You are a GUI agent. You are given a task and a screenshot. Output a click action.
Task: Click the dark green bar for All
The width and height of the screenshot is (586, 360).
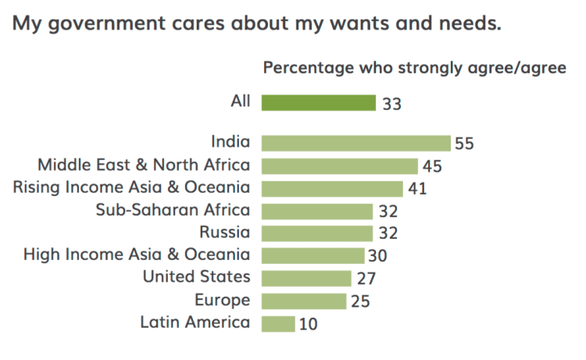(319, 102)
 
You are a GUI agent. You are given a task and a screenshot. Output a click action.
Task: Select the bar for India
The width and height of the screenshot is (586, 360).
(356, 143)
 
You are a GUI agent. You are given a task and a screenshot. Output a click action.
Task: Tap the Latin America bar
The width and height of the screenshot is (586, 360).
(278, 323)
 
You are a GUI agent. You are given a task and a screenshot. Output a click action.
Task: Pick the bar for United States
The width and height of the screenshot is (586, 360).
(306, 278)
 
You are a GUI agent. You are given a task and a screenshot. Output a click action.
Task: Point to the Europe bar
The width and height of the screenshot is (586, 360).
(304, 301)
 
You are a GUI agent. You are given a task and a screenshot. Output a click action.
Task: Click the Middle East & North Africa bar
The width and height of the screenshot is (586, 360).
(340, 166)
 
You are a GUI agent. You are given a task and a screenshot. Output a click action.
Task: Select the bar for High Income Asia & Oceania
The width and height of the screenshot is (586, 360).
(313, 255)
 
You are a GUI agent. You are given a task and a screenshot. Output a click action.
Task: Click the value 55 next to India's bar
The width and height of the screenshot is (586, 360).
(465, 144)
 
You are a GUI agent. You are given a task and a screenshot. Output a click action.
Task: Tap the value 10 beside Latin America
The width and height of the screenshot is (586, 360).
(309, 324)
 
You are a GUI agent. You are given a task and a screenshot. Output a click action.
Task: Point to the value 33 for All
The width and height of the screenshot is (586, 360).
(391, 103)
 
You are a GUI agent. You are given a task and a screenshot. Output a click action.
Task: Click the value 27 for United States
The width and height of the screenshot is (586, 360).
(366, 279)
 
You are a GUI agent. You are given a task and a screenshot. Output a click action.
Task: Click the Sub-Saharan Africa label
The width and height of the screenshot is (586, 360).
(173, 209)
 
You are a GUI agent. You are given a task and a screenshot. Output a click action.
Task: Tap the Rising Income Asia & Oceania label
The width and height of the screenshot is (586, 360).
(132, 187)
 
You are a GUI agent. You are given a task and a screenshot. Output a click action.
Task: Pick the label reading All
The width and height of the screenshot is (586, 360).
(240, 101)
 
